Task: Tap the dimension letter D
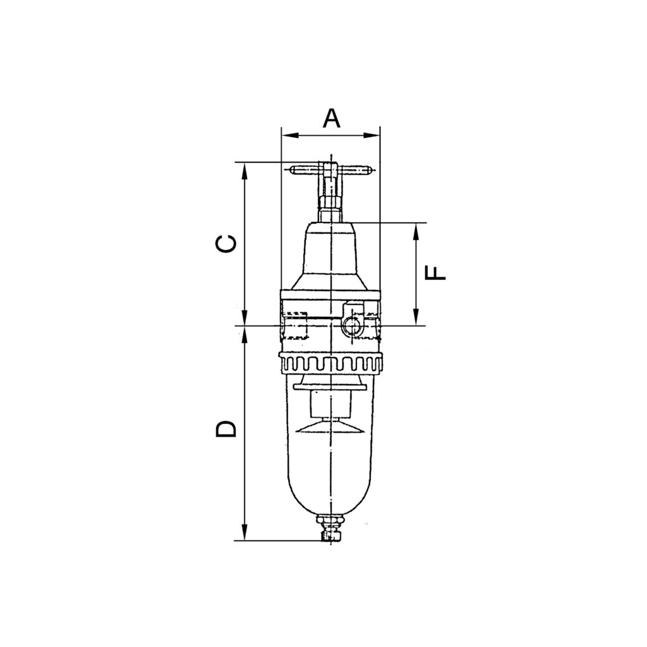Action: click(x=226, y=428)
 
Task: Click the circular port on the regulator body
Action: click(x=352, y=325)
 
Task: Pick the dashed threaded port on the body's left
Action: click(x=294, y=325)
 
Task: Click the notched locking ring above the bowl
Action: click(x=330, y=364)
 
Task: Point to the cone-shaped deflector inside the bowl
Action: click(x=330, y=427)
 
